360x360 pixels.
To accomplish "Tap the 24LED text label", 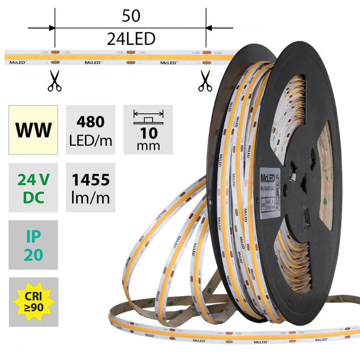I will (x=131, y=40).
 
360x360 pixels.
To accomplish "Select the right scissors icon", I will (x=205, y=81).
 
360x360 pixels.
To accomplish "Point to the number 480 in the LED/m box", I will (x=90, y=122).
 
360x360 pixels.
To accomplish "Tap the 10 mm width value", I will (x=148, y=133).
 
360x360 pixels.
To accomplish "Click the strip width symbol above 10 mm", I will (x=148, y=115).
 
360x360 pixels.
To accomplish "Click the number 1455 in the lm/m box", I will (x=90, y=180).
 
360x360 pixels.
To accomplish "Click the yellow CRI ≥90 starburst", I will (x=33, y=302).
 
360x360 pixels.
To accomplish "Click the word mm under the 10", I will (x=148, y=146).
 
